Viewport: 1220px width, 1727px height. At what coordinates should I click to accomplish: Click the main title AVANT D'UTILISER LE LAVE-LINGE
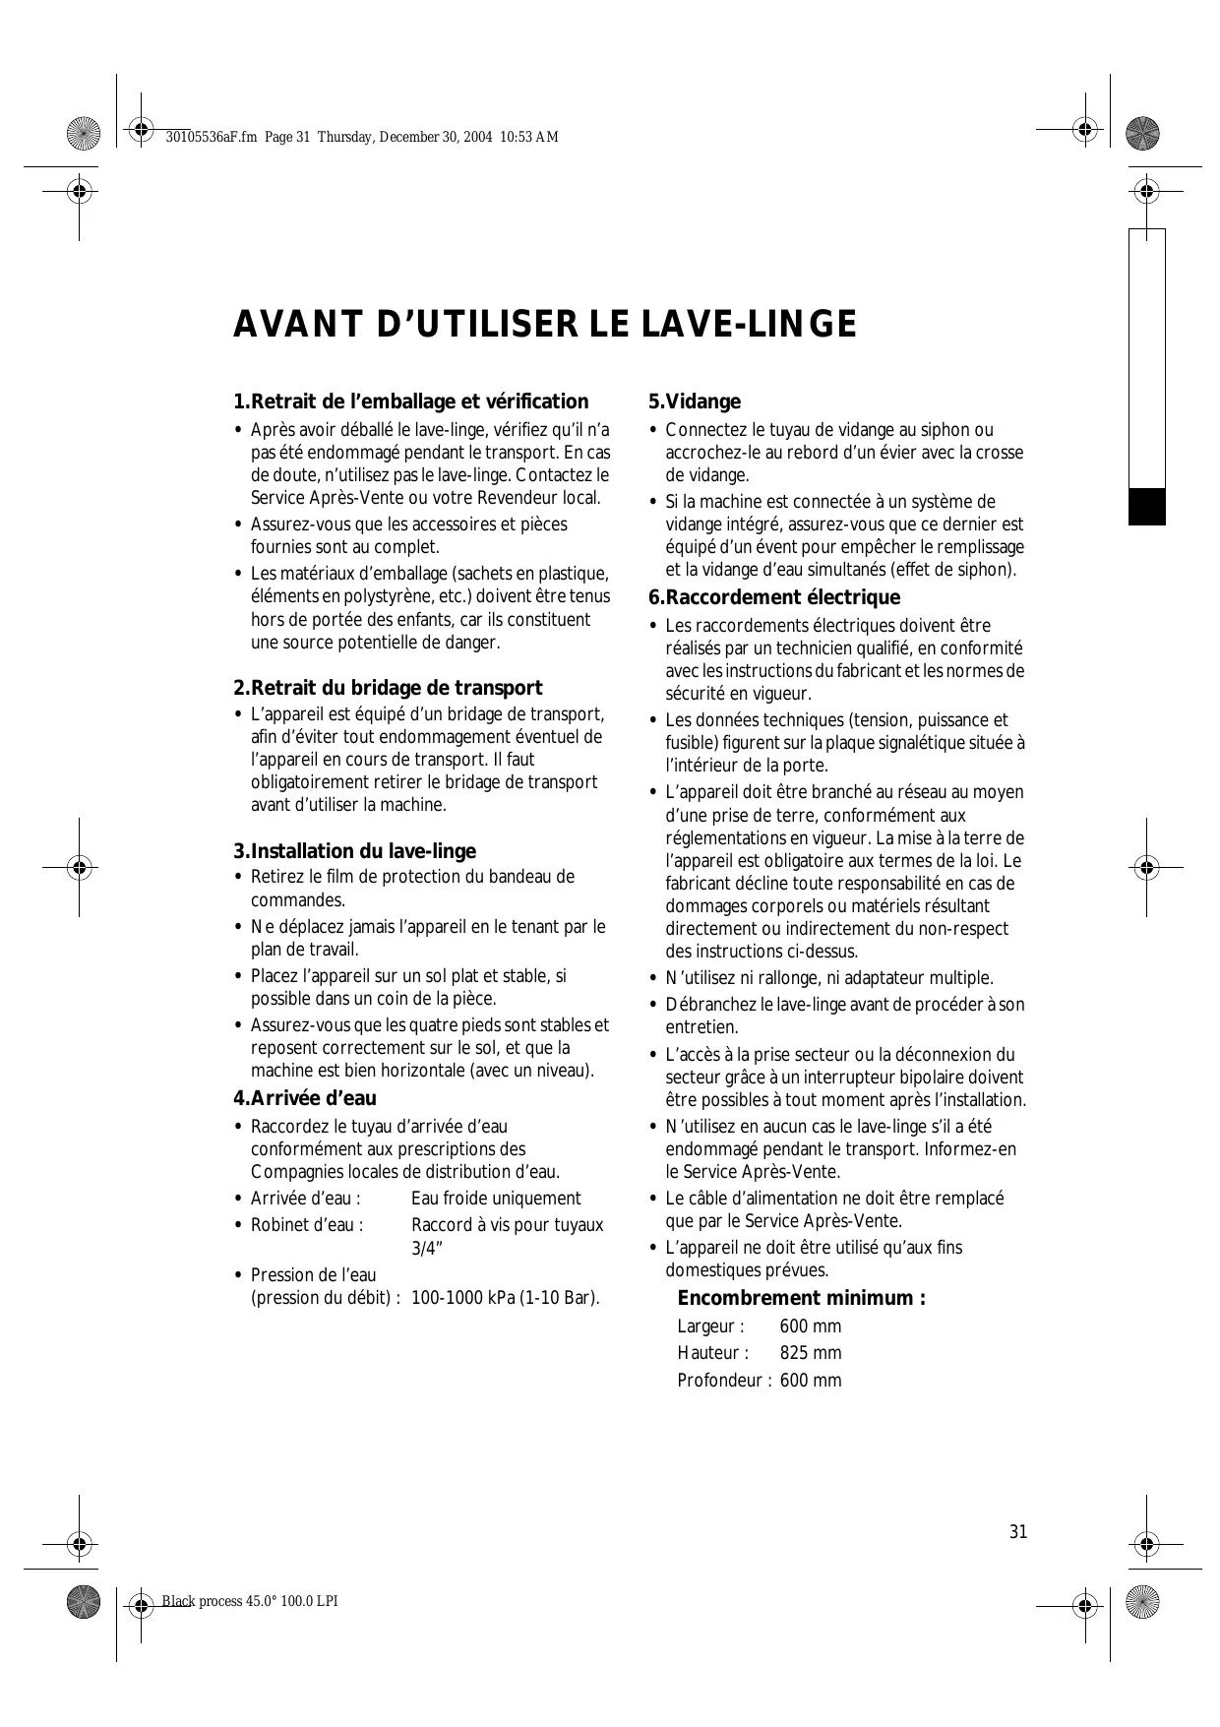point(544,325)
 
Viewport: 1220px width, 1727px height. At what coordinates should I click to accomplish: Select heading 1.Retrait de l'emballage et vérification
point(410,401)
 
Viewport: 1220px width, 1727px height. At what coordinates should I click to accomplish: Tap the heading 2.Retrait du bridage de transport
point(388,688)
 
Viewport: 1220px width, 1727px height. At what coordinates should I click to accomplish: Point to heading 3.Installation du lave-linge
point(354,851)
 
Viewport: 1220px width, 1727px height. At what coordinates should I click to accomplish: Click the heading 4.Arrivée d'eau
point(305,1098)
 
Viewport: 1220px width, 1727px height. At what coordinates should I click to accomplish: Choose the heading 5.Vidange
point(694,401)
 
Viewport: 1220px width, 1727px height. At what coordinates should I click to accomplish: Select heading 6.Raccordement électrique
point(773,597)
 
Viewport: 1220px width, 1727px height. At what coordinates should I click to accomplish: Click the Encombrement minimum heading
point(801,1298)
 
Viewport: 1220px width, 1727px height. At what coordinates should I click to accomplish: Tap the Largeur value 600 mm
point(811,1326)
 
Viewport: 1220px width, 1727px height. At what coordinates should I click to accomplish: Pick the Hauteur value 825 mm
point(811,1353)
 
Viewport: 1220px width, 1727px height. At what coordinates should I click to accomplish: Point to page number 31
point(1018,1532)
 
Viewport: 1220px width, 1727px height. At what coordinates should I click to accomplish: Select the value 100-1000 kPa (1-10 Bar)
point(505,1298)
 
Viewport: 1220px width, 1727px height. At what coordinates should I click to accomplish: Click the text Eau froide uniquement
point(496,1199)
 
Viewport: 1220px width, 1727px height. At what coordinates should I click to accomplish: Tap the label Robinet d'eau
point(307,1225)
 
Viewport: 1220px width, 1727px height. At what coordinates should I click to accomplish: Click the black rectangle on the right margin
point(1146,506)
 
